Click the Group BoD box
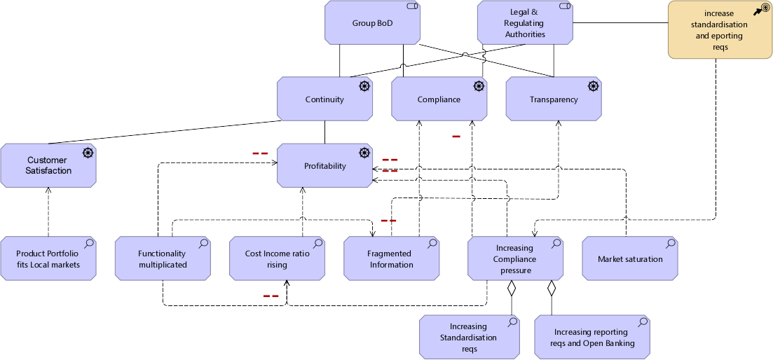click(x=372, y=23)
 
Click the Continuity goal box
click(x=324, y=99)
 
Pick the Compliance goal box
click(x=439, y=99)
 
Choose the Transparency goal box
click(x=553, y=99)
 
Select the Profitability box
click(x=324, y=166)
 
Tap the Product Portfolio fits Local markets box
click(x=48, y=259)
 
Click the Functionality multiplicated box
click(x=162, y=259)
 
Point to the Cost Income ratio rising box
click(x=277, y=259)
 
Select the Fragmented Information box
click(x=391, y=259)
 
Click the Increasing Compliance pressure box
click(x=514, y=259)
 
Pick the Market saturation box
click(x=629, y=259)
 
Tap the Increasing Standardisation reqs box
click(x=468, y=337)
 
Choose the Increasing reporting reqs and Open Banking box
click(x=593, y=337)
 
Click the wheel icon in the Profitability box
click(x=364, y=153)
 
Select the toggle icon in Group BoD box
click(x=412, y=6)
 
